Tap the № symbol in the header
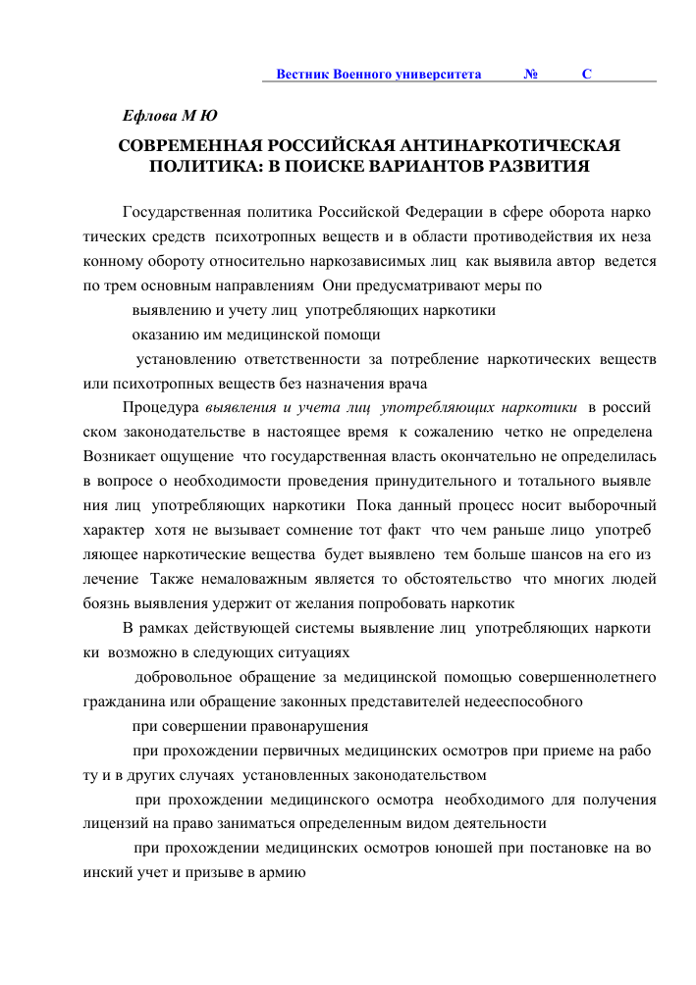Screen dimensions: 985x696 [x=530, y=75]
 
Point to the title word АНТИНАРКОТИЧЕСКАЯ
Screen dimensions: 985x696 [x=511, y=146]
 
